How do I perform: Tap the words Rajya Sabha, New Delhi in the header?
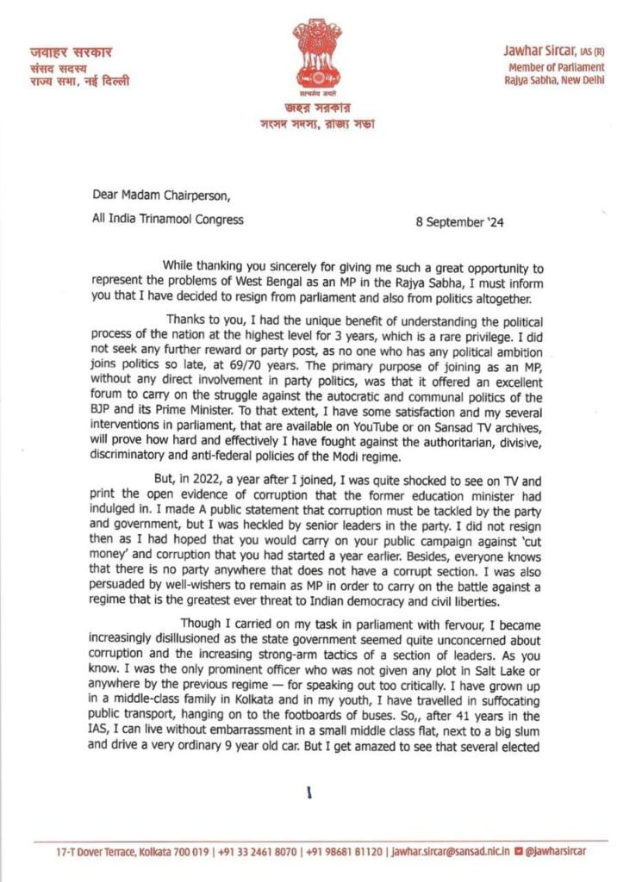point(555,80)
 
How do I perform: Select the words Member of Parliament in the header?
point(556,67)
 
